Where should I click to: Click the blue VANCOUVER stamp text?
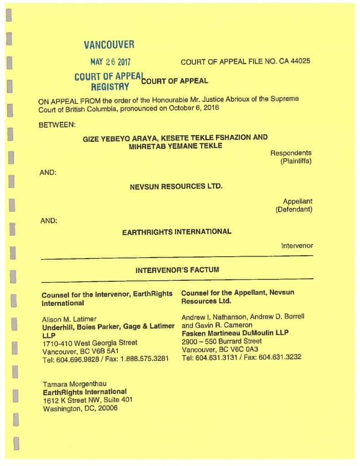tap(109, 45)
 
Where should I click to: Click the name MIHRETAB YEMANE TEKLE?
tap(176, 146)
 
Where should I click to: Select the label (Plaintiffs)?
tap(296, 161)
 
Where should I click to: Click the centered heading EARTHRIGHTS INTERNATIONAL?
tap(177, 232)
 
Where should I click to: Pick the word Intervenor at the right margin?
tap(297, 246)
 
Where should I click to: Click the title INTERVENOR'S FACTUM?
tap(177, 270)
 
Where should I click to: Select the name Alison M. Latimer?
tap(69, 319)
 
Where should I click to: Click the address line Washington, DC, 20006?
tap(80, 408)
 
